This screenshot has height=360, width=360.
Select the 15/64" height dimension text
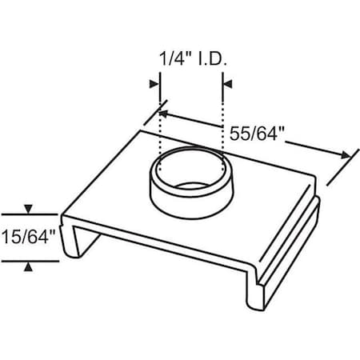(28, 238)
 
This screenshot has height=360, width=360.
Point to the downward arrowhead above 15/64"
(29, 210)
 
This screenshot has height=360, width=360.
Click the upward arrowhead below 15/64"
(29, 266)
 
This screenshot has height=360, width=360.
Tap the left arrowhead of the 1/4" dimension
(154, 82)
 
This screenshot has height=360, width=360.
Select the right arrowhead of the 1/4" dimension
(227, 82)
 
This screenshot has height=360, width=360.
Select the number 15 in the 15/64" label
(12, 238)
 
